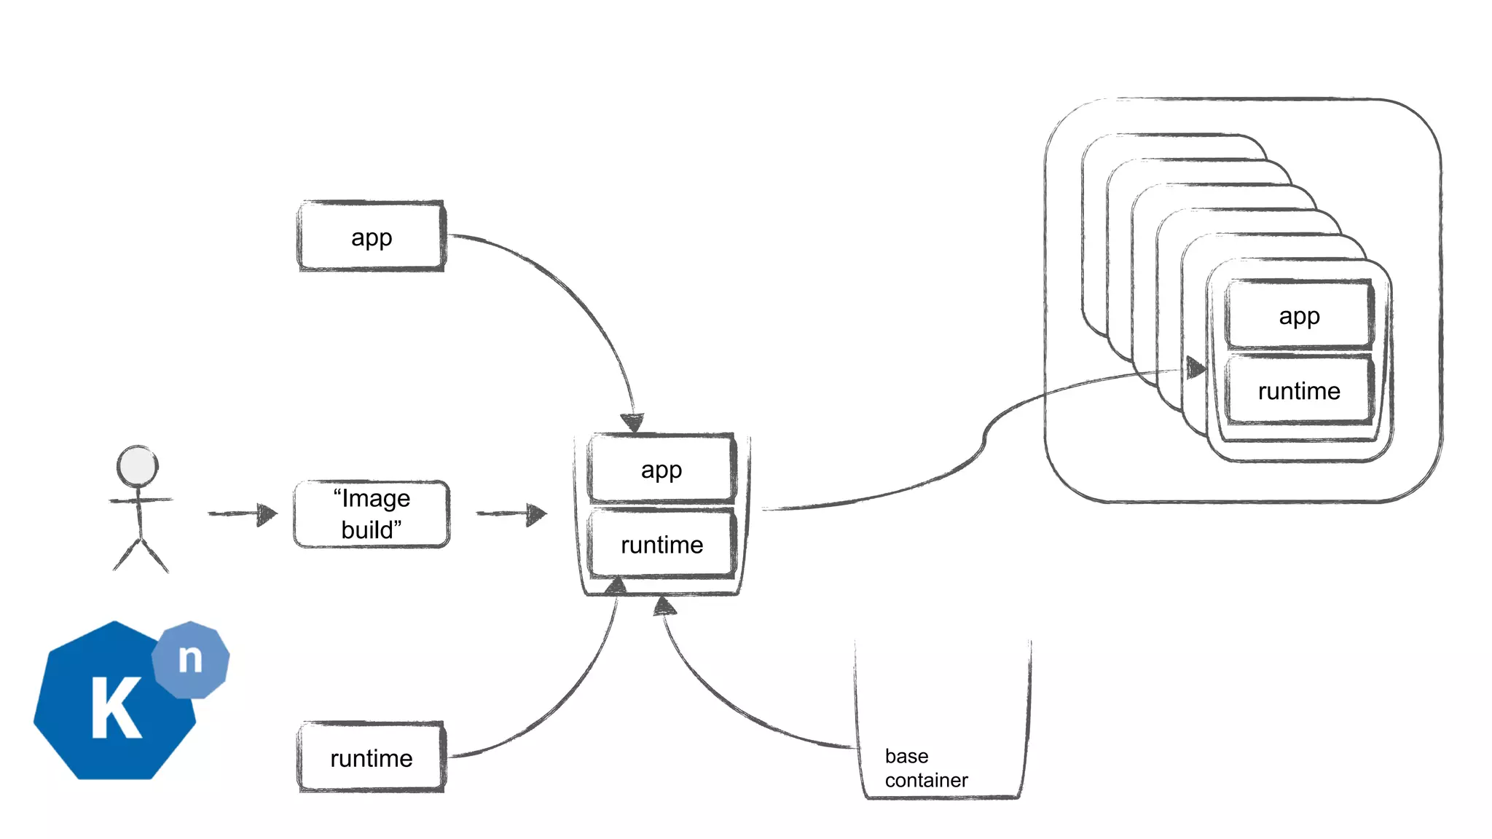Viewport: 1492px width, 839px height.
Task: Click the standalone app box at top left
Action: [x=372, y=237]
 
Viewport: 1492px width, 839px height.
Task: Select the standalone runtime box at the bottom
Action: [x=372, y=757]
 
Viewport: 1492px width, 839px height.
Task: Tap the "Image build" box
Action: [x=372, y=514]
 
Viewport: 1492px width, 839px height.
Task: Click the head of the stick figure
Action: [x=138, y=466]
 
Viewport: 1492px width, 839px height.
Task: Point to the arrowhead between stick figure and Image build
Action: [x=267, y=514]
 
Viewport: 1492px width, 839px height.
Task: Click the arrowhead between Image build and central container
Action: [x=536, y=514]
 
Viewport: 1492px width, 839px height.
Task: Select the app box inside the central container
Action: [x=661, y=469]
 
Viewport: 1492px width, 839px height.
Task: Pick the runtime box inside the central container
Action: [x=661, y=545]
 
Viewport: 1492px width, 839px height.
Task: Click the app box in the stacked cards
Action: [x=1299, y=315]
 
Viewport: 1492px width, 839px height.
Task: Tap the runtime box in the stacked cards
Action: [x=1299, y=391]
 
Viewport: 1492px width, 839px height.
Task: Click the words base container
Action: [x=925, y=768]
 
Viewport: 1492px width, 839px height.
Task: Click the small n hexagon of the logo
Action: [x=191, y=659]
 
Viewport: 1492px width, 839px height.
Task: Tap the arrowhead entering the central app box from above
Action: [x=632, y=422]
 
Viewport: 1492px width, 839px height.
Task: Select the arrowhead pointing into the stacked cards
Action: [x=1195, y=368]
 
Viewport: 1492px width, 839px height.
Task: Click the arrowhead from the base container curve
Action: [x=664, y=607]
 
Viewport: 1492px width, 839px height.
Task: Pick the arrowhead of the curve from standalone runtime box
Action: [x=617, y=585]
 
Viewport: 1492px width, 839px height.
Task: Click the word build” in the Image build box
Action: [x=372, y=529]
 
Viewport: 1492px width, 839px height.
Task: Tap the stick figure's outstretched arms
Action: [x=140, y=500]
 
